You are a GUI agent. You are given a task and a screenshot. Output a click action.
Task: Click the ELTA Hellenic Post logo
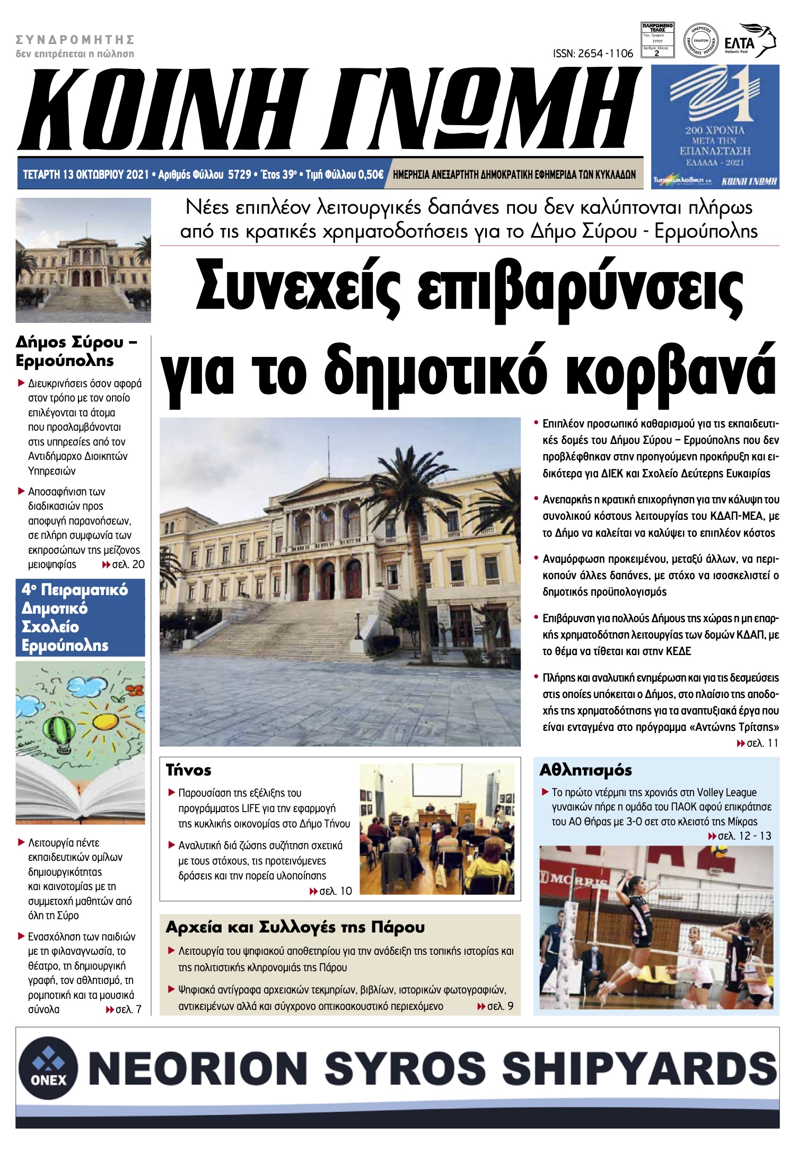(749, 40)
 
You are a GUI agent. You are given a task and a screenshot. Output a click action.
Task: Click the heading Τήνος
(188, 770)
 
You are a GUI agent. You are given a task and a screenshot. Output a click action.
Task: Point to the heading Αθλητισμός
(585, 770)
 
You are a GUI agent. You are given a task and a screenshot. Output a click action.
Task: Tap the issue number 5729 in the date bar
(239, 175)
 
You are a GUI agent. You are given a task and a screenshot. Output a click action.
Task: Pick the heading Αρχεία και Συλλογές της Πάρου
(295, 927)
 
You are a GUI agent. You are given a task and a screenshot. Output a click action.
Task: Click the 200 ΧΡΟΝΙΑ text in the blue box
(715, 130)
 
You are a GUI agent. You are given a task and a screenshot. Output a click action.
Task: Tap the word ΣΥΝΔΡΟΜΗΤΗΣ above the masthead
(75, 40)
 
